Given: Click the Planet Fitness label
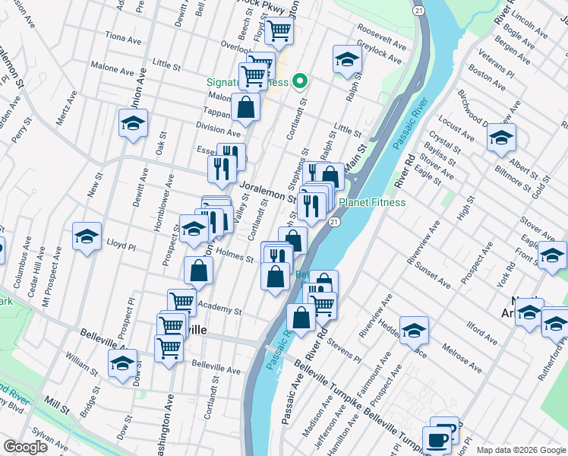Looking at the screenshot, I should click(x=372, y=202).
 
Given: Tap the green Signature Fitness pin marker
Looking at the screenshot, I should click(x=300, y=81).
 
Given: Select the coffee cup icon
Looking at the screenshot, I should click(x=438, y=439).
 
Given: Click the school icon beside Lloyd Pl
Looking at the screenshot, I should click(x=87, y=236).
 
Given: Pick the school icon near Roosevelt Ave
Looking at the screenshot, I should click(x=346, y=59).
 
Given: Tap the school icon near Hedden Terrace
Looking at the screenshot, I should click(x=415, y=330).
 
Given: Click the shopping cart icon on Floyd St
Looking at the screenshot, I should click(x=279, y=30).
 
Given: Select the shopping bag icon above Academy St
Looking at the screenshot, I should click(x=198, y=270).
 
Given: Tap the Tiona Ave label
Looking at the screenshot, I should click(x=124, y=38).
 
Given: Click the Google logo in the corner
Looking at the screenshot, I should click(x=26, y=447).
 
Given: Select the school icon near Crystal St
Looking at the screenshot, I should click(x=501, y=138).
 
